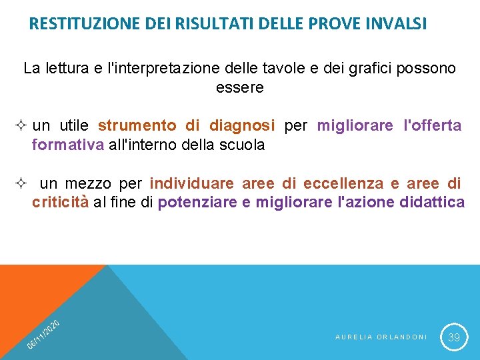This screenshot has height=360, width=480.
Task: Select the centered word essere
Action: pos(240,87)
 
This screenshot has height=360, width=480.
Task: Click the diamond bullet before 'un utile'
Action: pos(23,126)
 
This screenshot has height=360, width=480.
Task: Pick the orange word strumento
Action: pos(137,125)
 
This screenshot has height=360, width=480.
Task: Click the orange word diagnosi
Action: pos(242,125)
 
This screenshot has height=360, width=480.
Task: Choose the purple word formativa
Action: pos(68,145)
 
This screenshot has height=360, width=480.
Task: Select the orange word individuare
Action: pos(192,183)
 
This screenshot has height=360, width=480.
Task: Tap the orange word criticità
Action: pos(60,203)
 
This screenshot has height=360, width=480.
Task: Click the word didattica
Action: pos(433,203)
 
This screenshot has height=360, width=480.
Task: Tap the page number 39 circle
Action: pos(454,337)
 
